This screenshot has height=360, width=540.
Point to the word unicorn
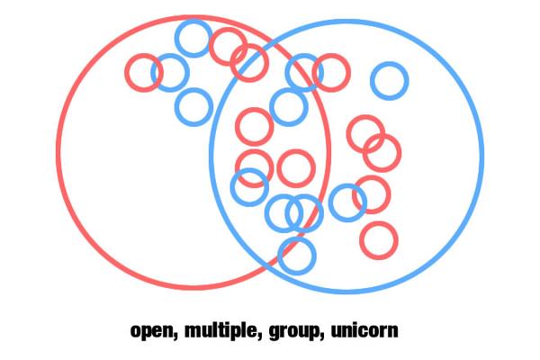click(x=364, y=330)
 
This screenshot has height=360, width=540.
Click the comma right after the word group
click(x=322, y=336)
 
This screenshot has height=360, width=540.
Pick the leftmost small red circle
click(x=127, y=73)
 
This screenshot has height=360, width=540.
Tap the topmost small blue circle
click(x=193, y=21)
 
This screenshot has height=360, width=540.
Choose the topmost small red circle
click(x=228, y=29)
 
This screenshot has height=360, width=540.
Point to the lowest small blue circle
click(x=297, y=273)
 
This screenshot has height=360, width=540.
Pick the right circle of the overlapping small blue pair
click(x=321, y=213)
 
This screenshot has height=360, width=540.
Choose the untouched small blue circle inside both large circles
click(x=289, y=90)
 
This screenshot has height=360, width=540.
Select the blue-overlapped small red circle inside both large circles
click(x=254, y=151)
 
